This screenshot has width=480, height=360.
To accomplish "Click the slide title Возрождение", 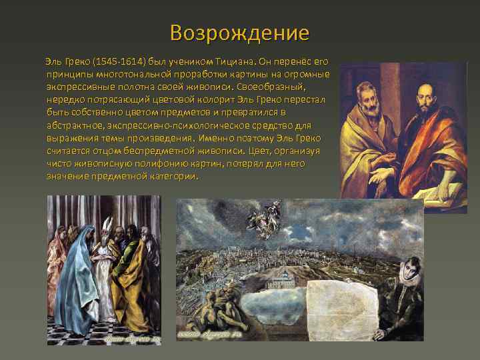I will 239,33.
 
